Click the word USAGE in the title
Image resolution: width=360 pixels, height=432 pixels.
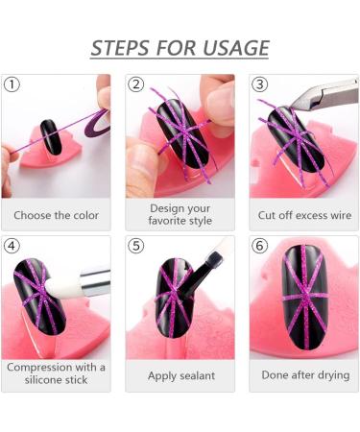236,48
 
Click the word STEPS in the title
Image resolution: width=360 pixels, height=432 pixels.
121,48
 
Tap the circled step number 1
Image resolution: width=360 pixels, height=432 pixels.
12,84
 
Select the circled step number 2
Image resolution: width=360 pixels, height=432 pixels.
135,84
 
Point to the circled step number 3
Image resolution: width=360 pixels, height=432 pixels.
259,84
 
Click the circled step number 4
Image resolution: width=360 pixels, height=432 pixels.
12,246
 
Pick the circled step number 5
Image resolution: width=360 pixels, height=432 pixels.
135,246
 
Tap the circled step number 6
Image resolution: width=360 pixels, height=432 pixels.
259,246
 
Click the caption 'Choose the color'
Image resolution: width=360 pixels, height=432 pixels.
56,215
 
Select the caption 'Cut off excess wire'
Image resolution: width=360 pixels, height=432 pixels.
304,215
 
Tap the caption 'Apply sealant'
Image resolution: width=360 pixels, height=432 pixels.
181,375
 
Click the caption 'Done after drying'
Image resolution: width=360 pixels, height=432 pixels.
305,375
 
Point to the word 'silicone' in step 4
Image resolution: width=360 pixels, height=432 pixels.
44,380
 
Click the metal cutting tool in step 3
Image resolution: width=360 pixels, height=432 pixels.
324,95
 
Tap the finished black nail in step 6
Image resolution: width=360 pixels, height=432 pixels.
304,297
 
